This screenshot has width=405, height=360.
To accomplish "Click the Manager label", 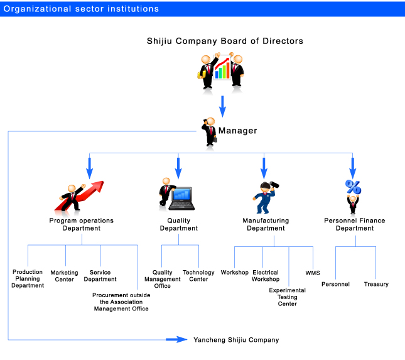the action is click(x=237, y=131).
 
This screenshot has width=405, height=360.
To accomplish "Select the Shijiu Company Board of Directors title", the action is click(x=225, y=41).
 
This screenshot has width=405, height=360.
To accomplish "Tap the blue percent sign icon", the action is click(x=353, y=187).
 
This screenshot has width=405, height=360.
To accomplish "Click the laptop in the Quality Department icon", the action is click(x=182, y=199).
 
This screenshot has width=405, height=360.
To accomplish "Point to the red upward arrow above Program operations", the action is click(x=80, y=195).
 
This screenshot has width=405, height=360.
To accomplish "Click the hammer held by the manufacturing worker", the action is click(x=274, y=185).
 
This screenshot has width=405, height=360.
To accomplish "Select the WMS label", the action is click(x=313, y=273).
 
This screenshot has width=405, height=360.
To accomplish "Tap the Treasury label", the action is click(x=376, y=284).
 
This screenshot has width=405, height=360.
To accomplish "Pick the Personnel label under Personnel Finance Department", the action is click(x=335, y=284).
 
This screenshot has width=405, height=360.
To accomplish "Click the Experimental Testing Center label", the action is click(x=287, y=297).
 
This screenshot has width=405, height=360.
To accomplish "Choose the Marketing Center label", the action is click(x=64, y=276).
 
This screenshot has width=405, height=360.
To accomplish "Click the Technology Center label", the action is click(x=198, y=276).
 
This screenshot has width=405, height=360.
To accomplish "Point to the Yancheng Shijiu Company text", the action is click(x=236, y=340).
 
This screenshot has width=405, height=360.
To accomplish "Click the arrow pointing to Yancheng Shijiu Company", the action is click(x=176, y=339).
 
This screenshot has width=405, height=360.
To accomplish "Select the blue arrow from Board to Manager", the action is click(x=222, y=106).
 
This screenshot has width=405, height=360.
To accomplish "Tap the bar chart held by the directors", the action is click(x=222, y=68).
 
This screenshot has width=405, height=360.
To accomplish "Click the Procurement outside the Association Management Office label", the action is click(x=121, y=302).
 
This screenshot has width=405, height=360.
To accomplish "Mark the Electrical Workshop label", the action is click(x=266, y=276).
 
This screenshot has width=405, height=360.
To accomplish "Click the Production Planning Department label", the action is click(x=28, y=278).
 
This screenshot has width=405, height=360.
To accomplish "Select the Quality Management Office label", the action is click(x=162, y=279).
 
